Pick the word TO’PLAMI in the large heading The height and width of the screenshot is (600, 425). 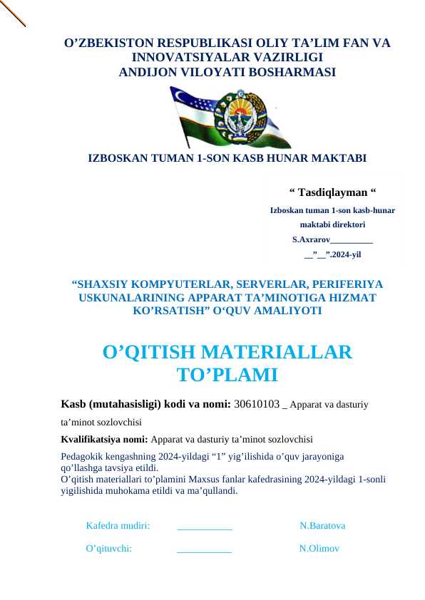pos(227,375)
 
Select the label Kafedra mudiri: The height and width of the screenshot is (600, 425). pos(118,526)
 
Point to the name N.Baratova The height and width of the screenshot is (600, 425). pos(322,526)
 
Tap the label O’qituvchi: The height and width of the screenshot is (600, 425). pos(108,549)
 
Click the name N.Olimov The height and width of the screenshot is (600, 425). pos(319,549)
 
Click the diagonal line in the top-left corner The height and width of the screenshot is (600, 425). pos(13,13)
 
